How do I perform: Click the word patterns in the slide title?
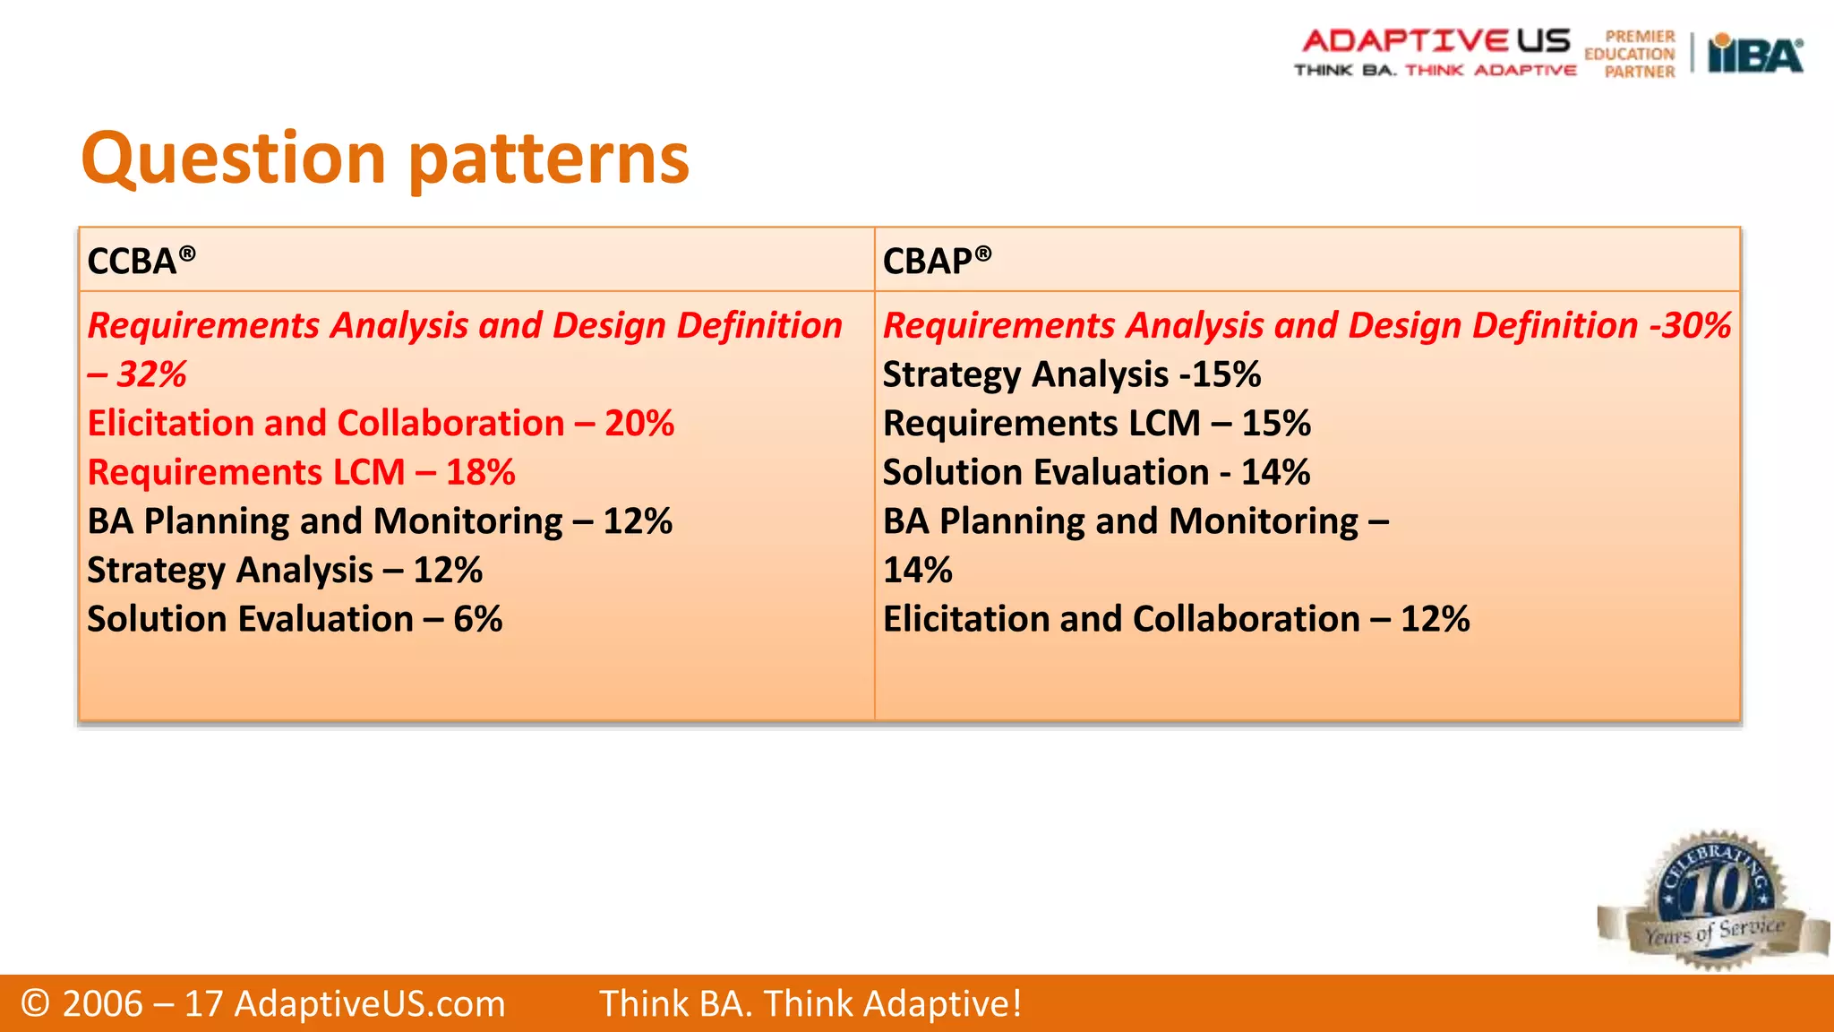(550, 159)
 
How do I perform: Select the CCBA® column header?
(141, 261)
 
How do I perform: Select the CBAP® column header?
(937, 261)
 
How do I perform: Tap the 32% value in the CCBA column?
(151, 374)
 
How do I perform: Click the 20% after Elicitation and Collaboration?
(638, 423)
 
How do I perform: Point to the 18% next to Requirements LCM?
(480, 472)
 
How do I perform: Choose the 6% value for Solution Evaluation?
(477, 619)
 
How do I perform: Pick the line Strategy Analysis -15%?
(1071, 374)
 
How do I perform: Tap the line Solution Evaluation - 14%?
(1095, 472)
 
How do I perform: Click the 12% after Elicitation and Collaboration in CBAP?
(1435, 619)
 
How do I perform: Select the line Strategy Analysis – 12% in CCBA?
(284, 570)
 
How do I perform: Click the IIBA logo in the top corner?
(1754, 54)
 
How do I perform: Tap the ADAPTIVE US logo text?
(1435, 40)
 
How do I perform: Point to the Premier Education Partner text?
(1631, 55)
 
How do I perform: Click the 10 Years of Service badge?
(1711, 901)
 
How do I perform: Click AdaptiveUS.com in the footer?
(369, 1003)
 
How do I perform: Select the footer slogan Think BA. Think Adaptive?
(810, 1003)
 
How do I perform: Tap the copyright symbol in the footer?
(35, 1003)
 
